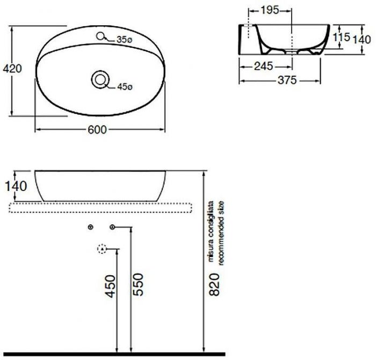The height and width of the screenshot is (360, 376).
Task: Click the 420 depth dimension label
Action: [x=12, y=69]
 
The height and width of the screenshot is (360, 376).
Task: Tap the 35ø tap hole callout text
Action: [x=124, y=40]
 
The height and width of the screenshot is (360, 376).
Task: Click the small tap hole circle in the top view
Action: [x=100, y=36]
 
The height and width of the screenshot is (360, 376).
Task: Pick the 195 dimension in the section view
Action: [x=271, y=10]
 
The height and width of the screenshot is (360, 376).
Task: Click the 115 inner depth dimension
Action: [x=341, y=37]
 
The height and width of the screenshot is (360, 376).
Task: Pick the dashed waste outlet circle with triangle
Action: [x=100, y=248]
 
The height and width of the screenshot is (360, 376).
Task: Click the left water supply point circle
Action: [x=90, y=227]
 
